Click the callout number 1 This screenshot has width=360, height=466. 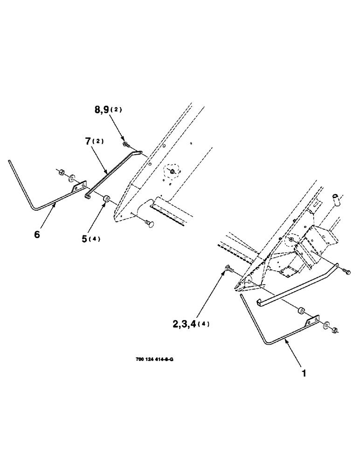click(304, 373)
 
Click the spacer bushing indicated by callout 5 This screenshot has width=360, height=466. click(106, 199)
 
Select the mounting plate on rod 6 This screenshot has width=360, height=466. click(79, 188)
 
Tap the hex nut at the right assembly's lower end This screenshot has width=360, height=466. click(335, 331)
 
